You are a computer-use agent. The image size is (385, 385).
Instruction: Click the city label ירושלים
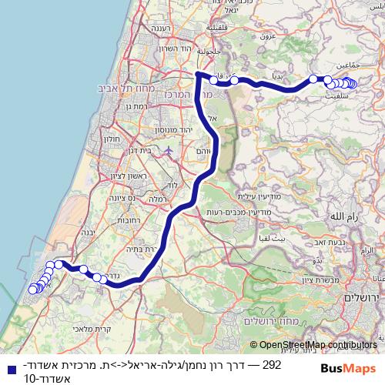tap(363, 296)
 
